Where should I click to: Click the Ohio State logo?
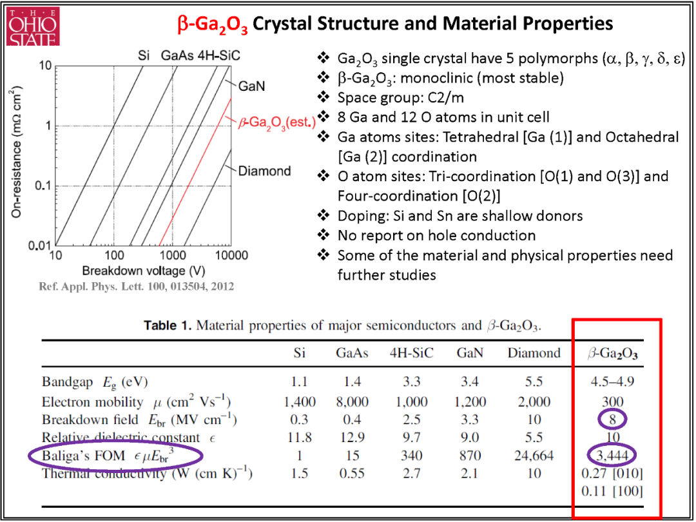(34, 26)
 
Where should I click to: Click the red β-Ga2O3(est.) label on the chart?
(276, 122)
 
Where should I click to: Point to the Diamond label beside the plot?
(265, 171)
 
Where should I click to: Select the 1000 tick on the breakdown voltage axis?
(173, 255)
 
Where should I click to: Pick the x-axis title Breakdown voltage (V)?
(143, 270)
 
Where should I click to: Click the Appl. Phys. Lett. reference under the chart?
(137, 286)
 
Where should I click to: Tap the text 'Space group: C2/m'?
(400, 97)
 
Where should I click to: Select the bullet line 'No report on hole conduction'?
(437, 235)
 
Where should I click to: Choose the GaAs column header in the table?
(352, 353)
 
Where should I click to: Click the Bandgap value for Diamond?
(534, 382)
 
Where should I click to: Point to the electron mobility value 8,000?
(352, 401)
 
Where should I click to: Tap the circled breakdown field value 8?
(612, 420)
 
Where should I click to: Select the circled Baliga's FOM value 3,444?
(612, 455)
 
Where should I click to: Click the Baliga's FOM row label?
(115, 456)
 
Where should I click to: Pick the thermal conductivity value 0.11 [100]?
(612, 491)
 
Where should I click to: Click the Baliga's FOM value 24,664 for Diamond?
(534, 456)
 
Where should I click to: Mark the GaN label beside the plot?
(252, 85)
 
